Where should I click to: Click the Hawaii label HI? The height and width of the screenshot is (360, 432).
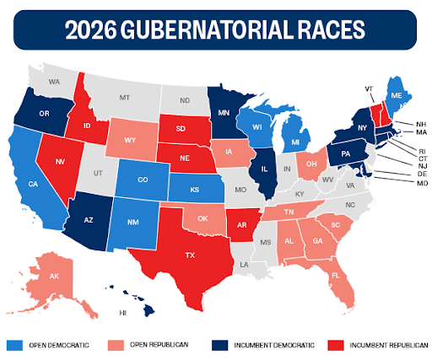[125, 312]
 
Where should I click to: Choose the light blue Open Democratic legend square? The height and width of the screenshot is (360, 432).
[13, 345]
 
